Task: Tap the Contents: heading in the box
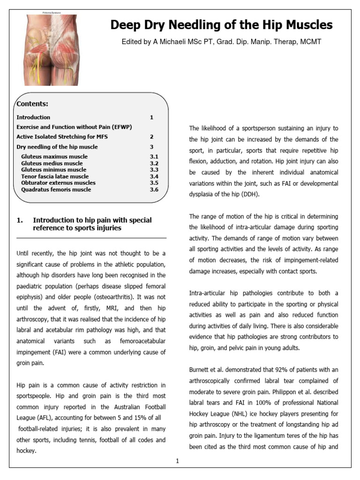click(x=32, y=104)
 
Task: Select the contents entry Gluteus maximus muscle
click(x=54, y=157)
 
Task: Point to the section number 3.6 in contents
click(x=154, y=189)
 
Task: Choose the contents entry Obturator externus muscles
click(x=58, y=183)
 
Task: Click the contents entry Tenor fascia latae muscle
click(x=55, y=176)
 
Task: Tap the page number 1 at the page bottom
click(x=178, y=461)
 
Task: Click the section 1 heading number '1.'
click(x=20, y=220)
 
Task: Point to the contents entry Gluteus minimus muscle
click(x=53, y=170)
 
